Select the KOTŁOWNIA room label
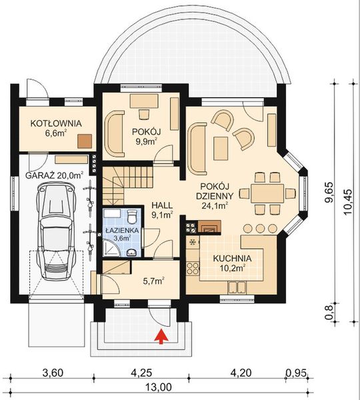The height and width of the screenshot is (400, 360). (x=55, y=123)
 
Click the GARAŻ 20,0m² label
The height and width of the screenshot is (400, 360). (x=55, y=175)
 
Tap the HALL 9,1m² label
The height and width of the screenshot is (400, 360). (x=162, y=210)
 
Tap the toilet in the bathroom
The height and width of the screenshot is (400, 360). (x=133, y=217)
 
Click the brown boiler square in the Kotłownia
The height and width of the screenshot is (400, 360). (x=84, y=141)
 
